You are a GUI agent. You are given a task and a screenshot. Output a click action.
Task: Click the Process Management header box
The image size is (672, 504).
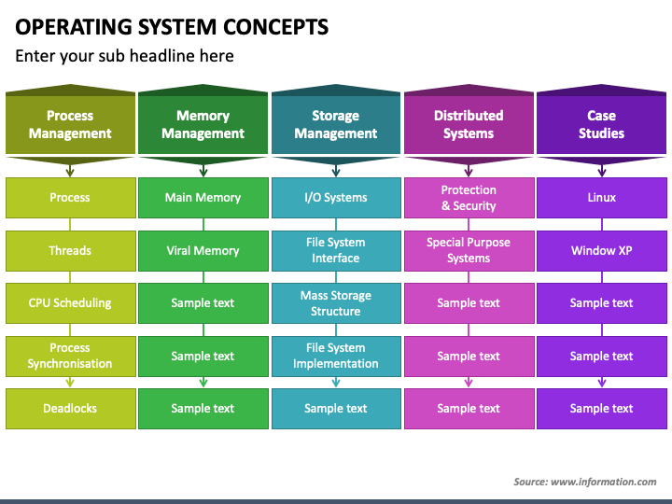click(70, 124)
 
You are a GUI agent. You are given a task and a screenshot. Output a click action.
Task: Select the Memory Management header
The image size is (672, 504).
click(203, 124)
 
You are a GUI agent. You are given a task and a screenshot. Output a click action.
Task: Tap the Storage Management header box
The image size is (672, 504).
click(336, 124)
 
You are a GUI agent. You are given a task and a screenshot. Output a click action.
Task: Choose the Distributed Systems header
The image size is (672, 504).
click(469, 124)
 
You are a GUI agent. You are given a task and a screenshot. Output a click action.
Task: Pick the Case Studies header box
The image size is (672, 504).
click(602, 124)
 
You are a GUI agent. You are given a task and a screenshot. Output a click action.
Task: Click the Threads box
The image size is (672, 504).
click(70, 251)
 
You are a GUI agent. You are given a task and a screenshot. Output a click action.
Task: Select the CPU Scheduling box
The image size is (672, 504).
click(70, 303)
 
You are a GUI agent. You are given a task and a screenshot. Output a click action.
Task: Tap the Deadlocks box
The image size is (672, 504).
click(70, 409)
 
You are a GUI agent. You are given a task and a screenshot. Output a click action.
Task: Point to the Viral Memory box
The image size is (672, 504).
click(203, 251)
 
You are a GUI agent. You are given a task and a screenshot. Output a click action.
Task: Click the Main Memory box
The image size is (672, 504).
click(203, 198)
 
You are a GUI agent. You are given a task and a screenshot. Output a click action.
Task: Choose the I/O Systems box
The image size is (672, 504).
click(336, 198)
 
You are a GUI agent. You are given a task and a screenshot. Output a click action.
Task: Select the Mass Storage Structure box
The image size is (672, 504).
click(336, 303)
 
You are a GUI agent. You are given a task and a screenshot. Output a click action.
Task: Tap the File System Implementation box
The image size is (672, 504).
click(336, 357)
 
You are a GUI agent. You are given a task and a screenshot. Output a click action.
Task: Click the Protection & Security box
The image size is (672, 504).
click(469, 198)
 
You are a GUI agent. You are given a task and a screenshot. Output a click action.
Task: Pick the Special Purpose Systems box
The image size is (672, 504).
click(469, 251)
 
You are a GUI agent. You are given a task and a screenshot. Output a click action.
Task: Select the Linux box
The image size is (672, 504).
click(602, 198)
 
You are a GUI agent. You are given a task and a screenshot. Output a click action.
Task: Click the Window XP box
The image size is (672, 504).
click(602, 251)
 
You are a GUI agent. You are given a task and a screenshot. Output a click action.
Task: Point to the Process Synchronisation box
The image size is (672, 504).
click(70, 357)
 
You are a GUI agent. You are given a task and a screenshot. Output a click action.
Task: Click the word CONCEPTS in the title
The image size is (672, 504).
click(275, 26)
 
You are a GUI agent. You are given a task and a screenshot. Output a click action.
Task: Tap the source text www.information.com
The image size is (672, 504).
click(604, 482)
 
